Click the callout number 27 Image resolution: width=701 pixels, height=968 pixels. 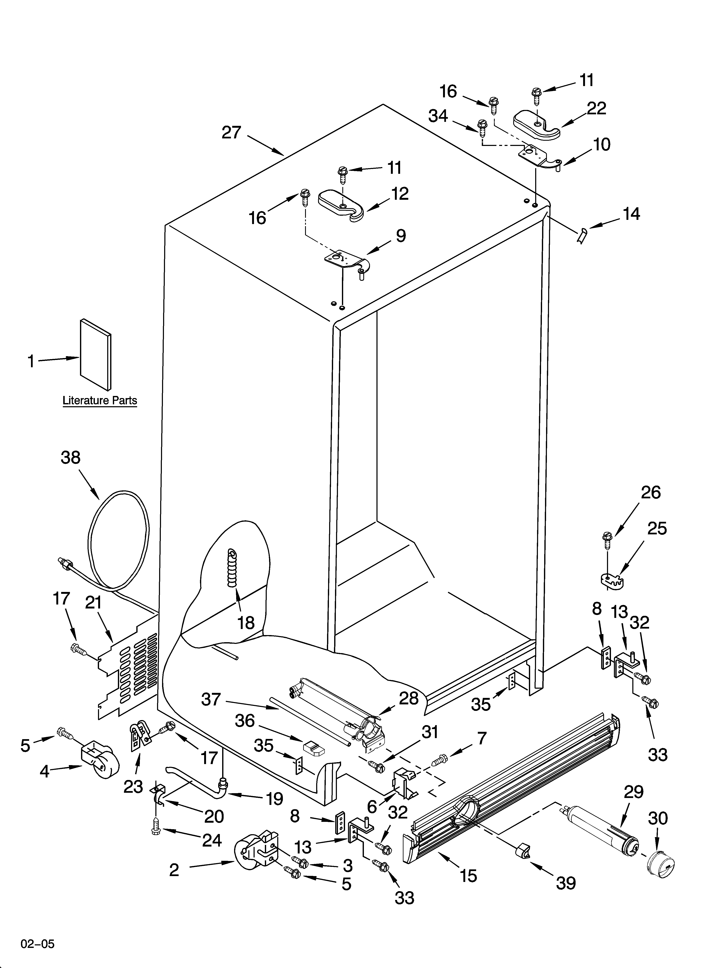click(231, 133)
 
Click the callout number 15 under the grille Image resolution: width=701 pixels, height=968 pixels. click(468, 876)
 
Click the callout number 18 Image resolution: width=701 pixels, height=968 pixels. click(246, 623)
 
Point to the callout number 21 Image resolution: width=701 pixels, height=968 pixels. click(94, 603)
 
